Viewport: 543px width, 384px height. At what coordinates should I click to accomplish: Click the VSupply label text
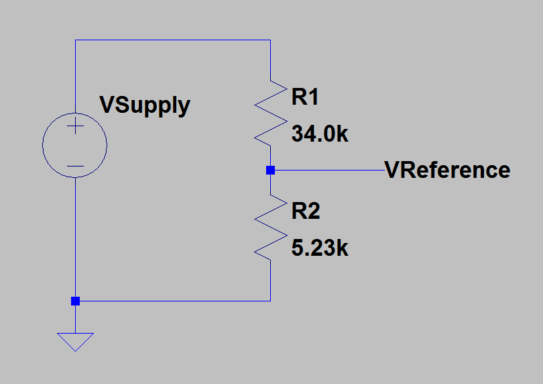pyautogui.click(x=144, y=105)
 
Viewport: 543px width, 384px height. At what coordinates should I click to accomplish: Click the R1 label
pyautogui.click(x=305, y=98)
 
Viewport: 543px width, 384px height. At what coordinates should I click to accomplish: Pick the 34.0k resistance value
pyautogui.click(x=320, y=134)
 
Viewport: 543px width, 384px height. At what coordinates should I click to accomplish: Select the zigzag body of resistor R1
pyautogui.click(x=270, y=111)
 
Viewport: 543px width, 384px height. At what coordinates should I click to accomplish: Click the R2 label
pyautogui.click(x=305, y=211)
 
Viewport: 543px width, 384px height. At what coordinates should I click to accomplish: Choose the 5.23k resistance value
pyautogui.click(x=320, y=248)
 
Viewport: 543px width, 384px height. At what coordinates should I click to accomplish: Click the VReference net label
pyautogui.click(x=447, y=170)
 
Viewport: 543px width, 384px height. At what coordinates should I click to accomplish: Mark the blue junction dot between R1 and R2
pyautogui.click(x=270, y=170)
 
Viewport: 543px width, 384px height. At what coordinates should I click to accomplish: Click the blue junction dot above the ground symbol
pyautogui.click(x=75, y=301)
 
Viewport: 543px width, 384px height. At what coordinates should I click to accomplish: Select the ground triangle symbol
pyautogui.click(x=75, y=342)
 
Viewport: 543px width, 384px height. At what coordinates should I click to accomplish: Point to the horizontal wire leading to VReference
pyautogui.click(x=328, y=170)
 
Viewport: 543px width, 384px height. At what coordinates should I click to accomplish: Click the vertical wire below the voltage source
pyautogui.click(x=75, y=235)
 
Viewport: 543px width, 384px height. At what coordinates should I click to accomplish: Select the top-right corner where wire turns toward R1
pyautogui.click(x=270, y=40)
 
